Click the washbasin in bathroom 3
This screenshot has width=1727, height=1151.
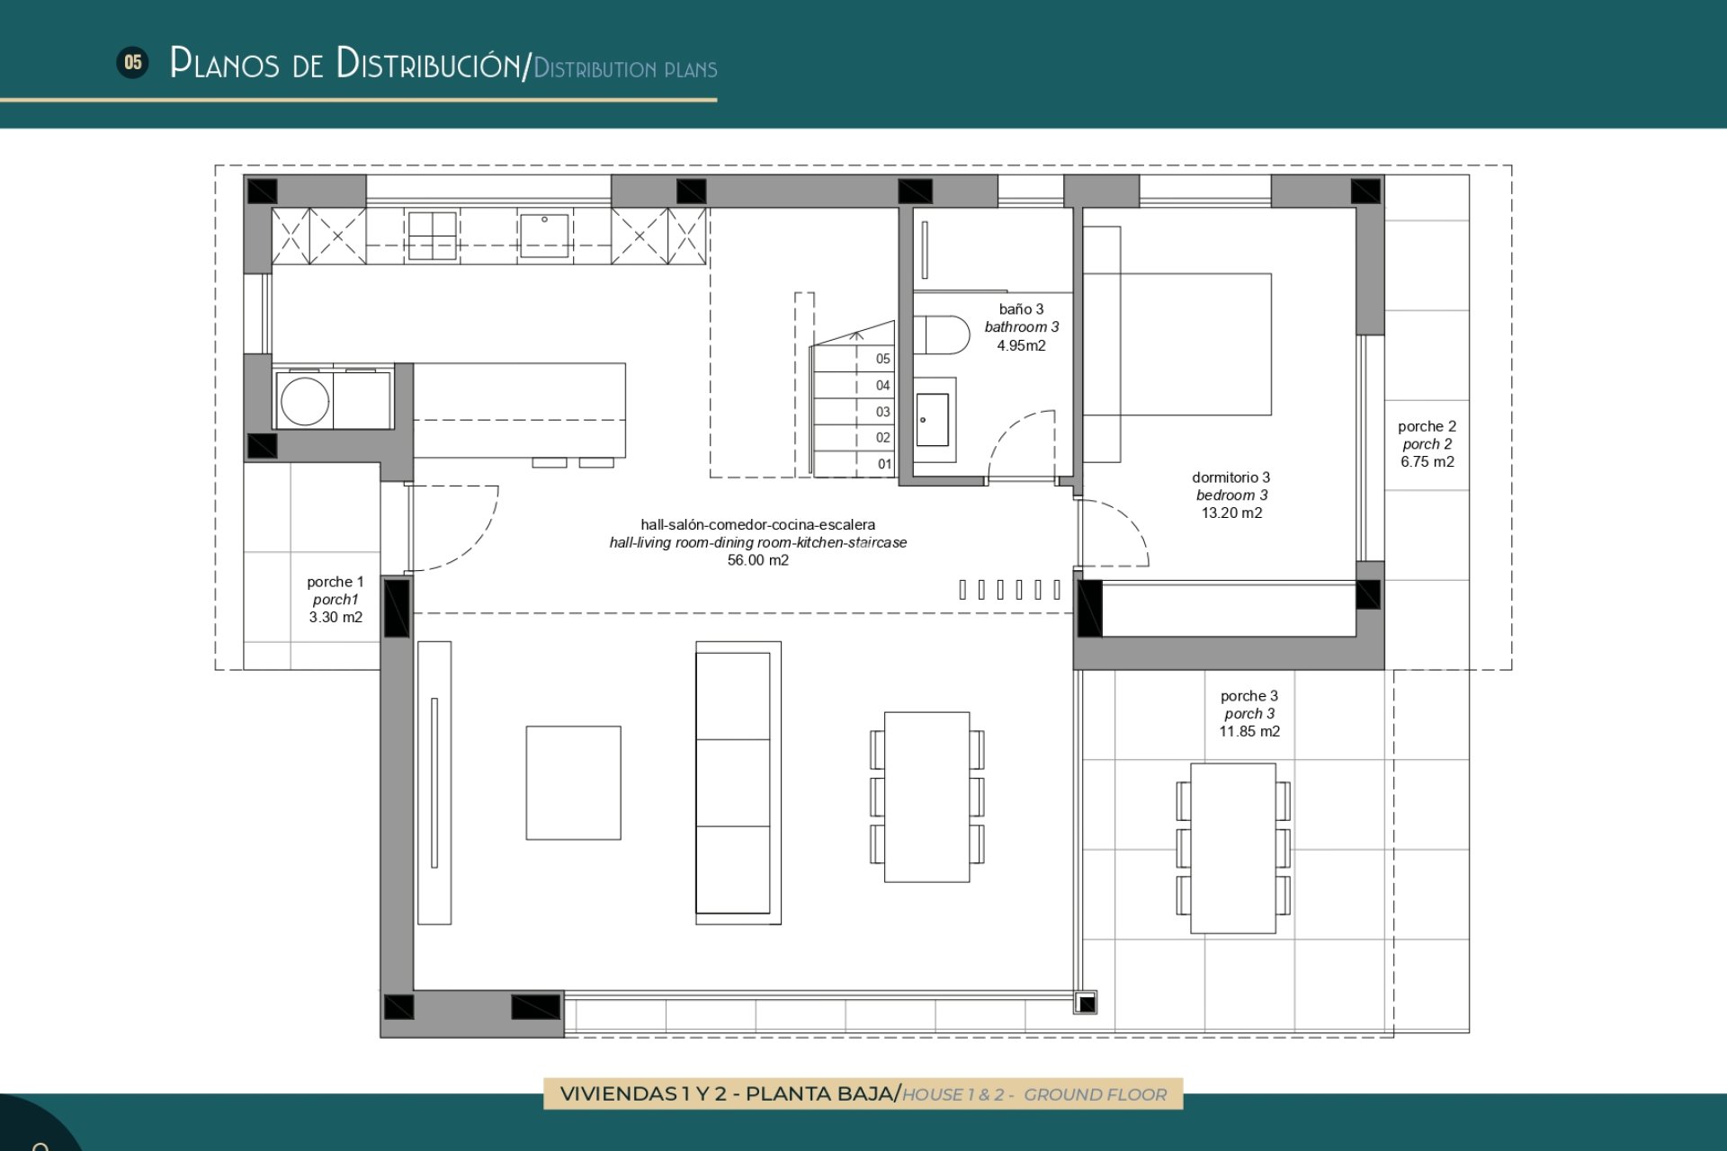[932, 420]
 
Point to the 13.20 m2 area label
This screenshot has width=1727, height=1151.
[1231, 513]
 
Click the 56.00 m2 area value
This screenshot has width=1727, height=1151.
[757, 560]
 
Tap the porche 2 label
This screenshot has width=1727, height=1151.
[1427, 426]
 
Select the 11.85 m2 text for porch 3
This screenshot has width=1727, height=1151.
[1248, 732]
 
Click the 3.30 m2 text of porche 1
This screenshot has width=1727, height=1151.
[336, 618]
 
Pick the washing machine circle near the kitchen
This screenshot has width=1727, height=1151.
[304, 401]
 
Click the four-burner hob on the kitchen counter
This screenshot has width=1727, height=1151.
[432, 236]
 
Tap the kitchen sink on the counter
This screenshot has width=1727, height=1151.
[544, 236]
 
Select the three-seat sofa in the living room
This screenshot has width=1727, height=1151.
[738, 782]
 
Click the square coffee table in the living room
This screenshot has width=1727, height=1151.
[573, 782]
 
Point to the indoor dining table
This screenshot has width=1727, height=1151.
[926, 797]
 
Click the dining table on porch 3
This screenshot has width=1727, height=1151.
[1232, 848]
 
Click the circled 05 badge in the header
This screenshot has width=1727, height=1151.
[133, 62]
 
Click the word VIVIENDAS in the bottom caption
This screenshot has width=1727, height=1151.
[618, 1094]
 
